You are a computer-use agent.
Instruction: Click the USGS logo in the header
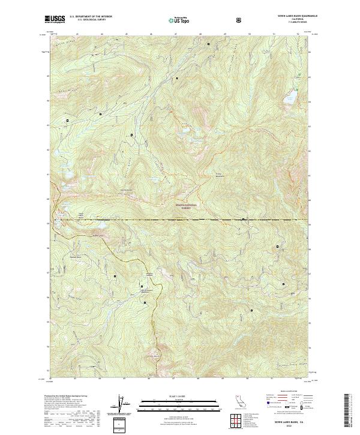point(55,19)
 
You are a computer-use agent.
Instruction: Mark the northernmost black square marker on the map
point(209,44)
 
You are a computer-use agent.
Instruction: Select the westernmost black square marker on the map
point(67,121)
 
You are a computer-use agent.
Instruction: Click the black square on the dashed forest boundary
point(243,220)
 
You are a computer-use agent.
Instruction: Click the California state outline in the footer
point(239,400)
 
